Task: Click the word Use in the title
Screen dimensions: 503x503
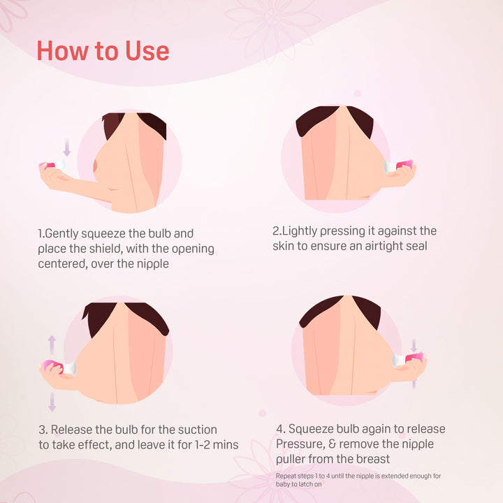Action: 147,51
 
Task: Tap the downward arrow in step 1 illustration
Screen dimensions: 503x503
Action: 67,147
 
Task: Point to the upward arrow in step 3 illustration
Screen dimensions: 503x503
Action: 52,345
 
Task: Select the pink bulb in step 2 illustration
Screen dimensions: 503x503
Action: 404,165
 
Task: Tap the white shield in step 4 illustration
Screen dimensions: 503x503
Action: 398,360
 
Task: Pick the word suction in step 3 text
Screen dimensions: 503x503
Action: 197,430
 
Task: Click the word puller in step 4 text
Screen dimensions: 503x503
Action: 291,460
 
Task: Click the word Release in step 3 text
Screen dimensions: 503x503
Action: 71,430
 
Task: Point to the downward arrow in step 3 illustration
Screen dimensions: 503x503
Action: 52,402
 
